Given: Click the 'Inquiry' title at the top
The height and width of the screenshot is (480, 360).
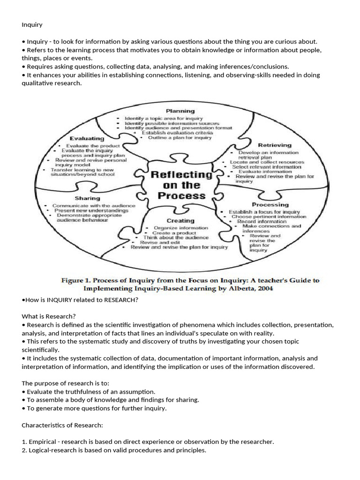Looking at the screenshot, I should pos(31,24).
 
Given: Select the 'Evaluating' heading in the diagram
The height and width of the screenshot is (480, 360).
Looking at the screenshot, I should pos(87,139).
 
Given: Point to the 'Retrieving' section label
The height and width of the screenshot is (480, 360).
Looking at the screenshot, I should pos(275,145).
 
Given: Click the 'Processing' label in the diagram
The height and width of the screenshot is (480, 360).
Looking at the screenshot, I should pos(270,204).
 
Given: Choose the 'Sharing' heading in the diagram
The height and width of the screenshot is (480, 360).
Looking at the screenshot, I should pos(87,198).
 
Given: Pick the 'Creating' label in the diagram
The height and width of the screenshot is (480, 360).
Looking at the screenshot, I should pos(180,220).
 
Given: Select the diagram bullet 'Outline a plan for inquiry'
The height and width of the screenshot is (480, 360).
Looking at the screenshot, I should pos(180,138).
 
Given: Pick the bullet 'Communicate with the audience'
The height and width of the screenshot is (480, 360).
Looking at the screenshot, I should pos(94,206).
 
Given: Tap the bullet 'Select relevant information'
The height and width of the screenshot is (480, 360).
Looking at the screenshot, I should pos(267,167).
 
